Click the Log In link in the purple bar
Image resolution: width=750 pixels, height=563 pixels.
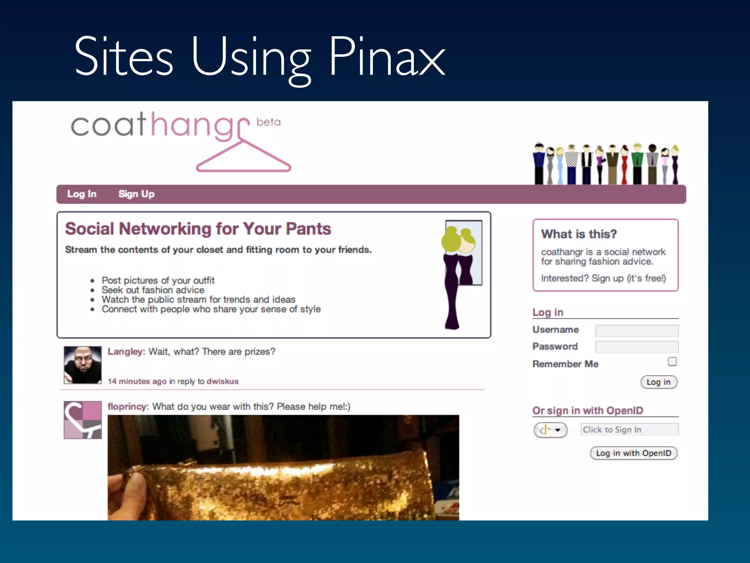tap(82, 194)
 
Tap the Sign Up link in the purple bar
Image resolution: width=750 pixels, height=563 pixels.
tap(136, 194)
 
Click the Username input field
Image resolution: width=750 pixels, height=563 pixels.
tap(636, 331)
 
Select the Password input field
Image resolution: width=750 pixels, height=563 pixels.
tap(636, 347)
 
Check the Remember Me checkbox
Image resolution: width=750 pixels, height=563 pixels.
tap(672, 362)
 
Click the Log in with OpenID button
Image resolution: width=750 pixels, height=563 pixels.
tap(633, 453)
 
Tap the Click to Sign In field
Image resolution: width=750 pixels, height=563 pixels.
tap(629, 430)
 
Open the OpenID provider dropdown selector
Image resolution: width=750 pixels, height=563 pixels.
tap(550, 430)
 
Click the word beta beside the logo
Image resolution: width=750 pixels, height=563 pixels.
tap(268, 122)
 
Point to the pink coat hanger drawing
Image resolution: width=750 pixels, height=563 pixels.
tap(244, 158)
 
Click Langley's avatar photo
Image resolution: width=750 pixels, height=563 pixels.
tap(83, 365)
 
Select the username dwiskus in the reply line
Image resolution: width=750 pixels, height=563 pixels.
tap(222, 382)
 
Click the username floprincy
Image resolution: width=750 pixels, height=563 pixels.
tap(127, 407)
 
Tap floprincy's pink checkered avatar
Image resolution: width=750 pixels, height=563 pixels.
tap(83, 420)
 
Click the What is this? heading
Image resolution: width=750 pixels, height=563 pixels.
tap(579, 234)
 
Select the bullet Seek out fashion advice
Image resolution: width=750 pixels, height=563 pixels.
tap(153, 290)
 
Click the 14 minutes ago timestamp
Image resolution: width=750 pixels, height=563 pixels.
tap(137, 382)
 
